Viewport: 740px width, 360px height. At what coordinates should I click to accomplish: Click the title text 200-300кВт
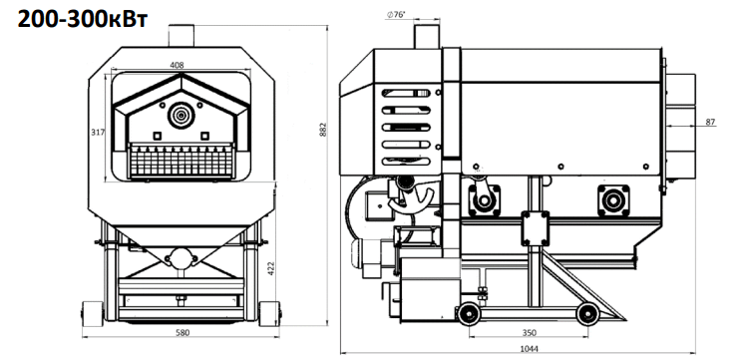point(83,20)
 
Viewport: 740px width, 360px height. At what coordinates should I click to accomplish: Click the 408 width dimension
point(177,65)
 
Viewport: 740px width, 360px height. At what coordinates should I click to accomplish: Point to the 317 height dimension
point(97,132)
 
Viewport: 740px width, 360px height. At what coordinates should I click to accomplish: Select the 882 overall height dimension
point(323,130)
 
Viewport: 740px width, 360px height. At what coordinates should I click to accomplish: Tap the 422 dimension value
point(271,268)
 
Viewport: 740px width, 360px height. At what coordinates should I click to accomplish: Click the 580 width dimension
point(183,333)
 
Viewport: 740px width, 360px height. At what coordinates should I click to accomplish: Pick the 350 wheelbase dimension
point(530,333)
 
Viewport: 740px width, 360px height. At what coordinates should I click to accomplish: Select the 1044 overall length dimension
point(530,349)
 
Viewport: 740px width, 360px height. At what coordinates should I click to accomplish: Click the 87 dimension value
point(710,122)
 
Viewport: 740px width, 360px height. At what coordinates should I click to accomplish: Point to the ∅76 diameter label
point(396,15)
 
